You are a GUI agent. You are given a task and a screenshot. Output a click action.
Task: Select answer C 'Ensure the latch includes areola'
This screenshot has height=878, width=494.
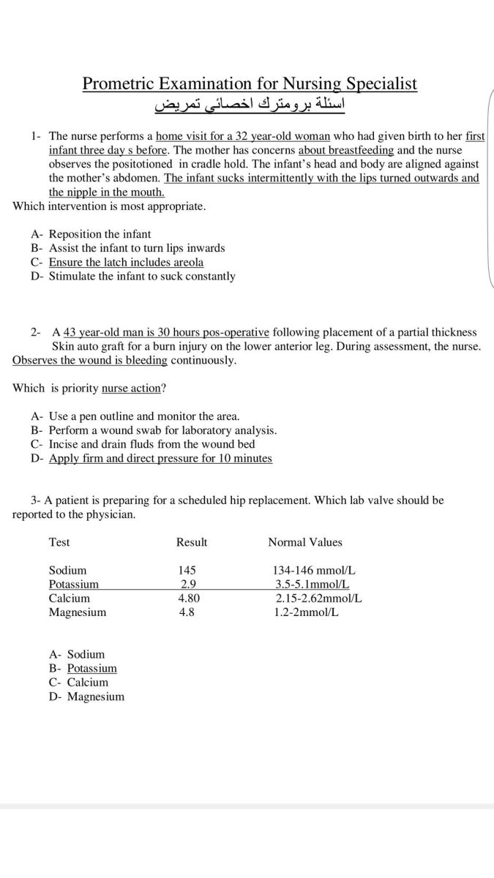point(126,262)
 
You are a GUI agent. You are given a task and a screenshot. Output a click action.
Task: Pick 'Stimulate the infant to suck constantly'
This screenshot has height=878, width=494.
point(142,277)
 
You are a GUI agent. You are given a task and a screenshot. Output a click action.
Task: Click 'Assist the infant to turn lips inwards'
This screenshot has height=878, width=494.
point(137,248)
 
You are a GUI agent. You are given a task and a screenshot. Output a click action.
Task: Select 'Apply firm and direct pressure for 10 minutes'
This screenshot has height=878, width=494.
point(160,458)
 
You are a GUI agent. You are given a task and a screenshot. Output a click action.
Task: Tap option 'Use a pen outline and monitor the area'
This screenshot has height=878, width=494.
point(144,416)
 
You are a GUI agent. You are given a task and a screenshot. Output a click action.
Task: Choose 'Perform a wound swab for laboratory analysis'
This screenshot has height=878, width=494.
point(162,430)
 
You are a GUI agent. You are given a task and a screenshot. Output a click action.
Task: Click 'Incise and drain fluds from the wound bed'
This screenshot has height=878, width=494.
point(152,444)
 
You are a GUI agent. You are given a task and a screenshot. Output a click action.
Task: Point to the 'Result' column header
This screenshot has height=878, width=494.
point(192,542)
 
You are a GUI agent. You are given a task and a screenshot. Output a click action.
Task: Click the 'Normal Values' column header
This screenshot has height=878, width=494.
point(305,542)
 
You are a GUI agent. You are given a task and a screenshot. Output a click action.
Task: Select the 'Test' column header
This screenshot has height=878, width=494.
point(59,542)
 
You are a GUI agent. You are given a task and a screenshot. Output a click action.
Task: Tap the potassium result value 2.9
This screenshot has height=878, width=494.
point(187,584)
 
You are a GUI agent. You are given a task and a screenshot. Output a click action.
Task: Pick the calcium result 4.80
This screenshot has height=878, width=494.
point(190,598)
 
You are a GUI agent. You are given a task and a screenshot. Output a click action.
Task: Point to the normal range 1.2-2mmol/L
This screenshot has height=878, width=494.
point(307,612)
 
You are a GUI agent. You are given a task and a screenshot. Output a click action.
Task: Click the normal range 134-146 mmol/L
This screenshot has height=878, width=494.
point(314,570)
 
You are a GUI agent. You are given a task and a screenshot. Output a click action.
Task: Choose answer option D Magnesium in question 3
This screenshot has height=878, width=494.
point(95,697)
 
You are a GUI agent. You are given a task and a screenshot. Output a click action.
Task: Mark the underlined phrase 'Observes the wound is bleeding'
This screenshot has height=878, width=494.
point(90,361)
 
